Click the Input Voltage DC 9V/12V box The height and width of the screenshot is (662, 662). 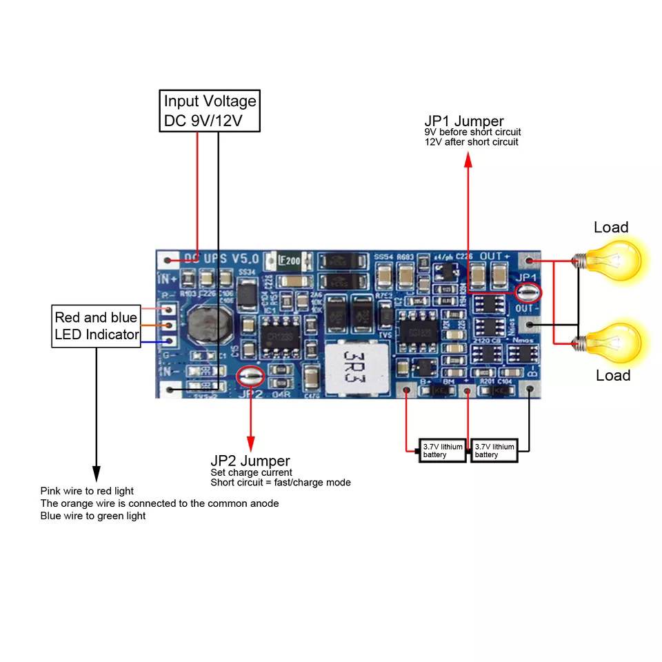pos(210,111)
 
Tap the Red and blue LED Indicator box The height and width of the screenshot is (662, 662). pos(97,326)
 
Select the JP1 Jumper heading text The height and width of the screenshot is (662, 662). pos(463,121)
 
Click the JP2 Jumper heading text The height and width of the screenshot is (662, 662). pos(250,461)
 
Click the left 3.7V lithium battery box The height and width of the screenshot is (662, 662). pos(443,451)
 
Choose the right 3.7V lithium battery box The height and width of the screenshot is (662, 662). pos(494,451)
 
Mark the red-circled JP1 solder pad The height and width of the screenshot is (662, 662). pos(528,292)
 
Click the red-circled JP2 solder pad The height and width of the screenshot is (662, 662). pos(250,376)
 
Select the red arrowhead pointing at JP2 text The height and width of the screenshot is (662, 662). pos(250,441)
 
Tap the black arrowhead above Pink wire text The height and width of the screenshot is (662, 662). pos(97,475)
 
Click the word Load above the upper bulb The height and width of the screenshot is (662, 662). pos(611,228)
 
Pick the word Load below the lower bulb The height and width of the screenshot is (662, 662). pos(613,375)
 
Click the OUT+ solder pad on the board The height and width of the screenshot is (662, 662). pos(530,261)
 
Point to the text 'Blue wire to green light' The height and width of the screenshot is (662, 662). pos(93,516)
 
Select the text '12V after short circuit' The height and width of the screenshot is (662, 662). pos(471,142)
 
